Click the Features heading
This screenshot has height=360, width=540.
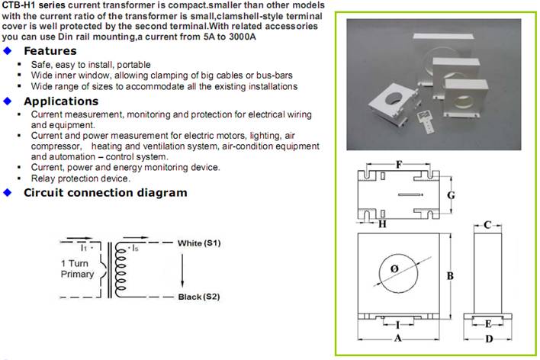click(x=50, y=51)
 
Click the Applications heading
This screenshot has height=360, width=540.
click(x=61, y=101)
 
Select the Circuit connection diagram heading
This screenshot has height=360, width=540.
click(x=105, y=193)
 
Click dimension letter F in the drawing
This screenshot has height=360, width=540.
click(x=399, y=164)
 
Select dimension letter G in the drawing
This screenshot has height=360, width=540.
click(x=452, y=195)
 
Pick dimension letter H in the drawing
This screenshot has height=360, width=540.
click(x=382, y=224)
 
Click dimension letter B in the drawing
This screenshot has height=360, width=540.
click(x=450, y=275)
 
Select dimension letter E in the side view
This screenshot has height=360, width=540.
click(x=488, y=323)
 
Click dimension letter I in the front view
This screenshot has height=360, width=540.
click(x=397, y=324)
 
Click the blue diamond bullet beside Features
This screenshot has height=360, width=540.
click(x=8, y=51)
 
